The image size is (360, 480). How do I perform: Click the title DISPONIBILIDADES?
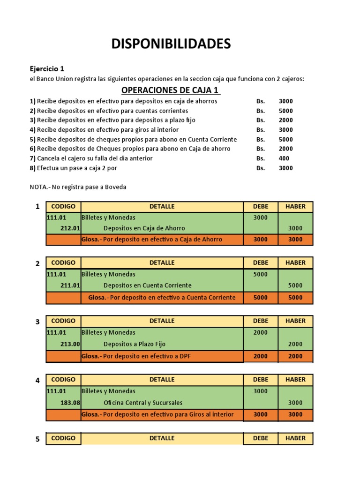(171, 44)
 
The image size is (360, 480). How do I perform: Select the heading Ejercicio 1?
(47, 69)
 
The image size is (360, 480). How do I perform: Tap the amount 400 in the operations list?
(284, 158)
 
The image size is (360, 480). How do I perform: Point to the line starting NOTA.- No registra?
(78, 187)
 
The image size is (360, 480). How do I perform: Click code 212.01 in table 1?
(70, 228)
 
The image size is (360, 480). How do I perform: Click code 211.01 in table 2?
(70, 285)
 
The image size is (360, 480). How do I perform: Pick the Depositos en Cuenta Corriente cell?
(147, 285)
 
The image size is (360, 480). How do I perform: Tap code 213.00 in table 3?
(70, 344)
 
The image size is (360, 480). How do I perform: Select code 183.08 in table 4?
(70, 403)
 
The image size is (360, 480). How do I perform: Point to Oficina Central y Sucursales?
(143, 403)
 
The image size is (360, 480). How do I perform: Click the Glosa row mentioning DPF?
(136, 356)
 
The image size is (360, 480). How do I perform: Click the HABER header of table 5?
(295, 438)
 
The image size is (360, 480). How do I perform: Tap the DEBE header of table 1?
(261, 207)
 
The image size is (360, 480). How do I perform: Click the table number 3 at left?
(37, 322)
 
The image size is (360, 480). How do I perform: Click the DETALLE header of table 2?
(162, 263)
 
